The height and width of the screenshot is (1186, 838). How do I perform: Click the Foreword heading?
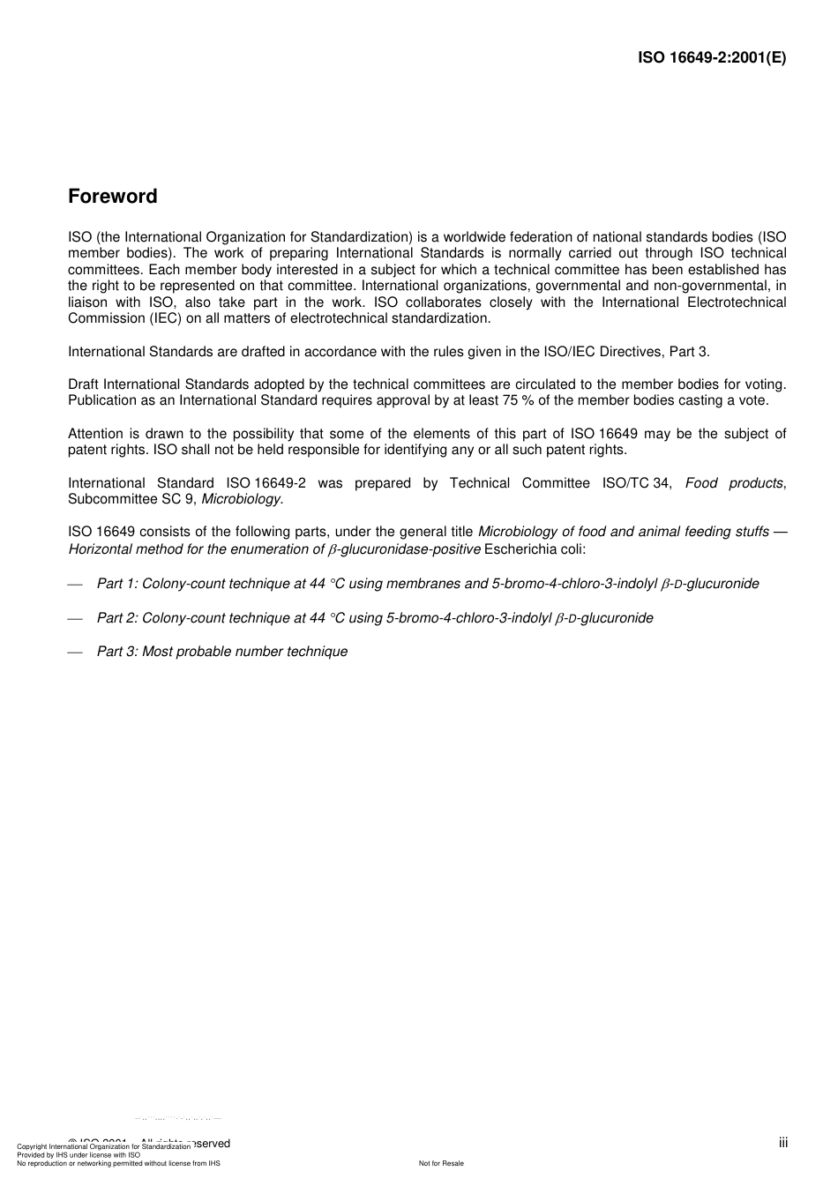113,197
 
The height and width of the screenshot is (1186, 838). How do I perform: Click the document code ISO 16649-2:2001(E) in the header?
712,58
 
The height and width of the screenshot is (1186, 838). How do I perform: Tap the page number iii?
783,1143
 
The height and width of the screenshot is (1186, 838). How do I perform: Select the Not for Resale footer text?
441,1163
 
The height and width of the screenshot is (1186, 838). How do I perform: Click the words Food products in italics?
734,483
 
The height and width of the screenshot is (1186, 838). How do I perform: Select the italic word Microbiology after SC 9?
242,499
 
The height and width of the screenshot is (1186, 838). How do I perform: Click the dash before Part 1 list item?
75,585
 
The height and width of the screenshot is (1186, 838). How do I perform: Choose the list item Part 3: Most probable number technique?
222,652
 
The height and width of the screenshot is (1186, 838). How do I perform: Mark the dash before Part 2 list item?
75,619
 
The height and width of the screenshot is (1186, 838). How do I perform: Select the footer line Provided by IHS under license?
79,1154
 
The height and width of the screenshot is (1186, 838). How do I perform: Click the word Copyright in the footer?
32,1147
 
